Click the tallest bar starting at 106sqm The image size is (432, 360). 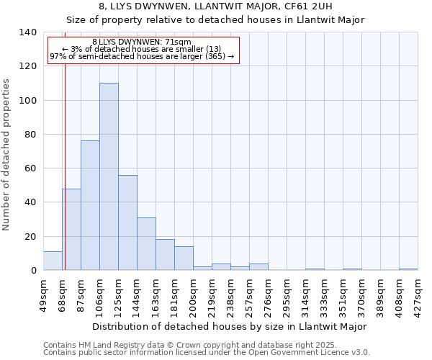click(x=109, y=176)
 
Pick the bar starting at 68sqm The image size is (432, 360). click(x=71, y=229)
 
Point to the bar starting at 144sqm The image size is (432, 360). click(x=146, y=243)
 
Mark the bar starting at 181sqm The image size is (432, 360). click(x=184, y=258)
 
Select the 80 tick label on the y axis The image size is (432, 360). click(x=30, y=135)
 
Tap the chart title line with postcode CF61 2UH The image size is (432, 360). click(x=215, y=6)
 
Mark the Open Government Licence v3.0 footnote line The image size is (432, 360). click(x=207, y=353)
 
